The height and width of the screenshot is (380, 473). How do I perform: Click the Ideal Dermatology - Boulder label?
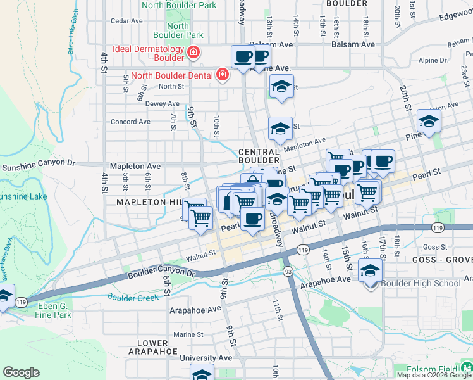click(x=149, y=53)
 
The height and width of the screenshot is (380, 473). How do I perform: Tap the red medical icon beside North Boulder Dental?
click(x=222, y=76)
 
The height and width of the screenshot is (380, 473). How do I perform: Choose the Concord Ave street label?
click(x=131, y=122)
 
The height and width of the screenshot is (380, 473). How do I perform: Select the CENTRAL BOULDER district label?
click(x=259, y=156)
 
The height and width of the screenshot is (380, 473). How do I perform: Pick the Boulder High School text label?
click(x=422, y=283)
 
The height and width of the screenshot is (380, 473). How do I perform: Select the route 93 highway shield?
click(x=287, y=271)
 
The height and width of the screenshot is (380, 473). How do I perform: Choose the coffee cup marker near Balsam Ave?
click(x=243, y=58)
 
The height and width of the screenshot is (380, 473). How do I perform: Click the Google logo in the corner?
click(x=21, y=372)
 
